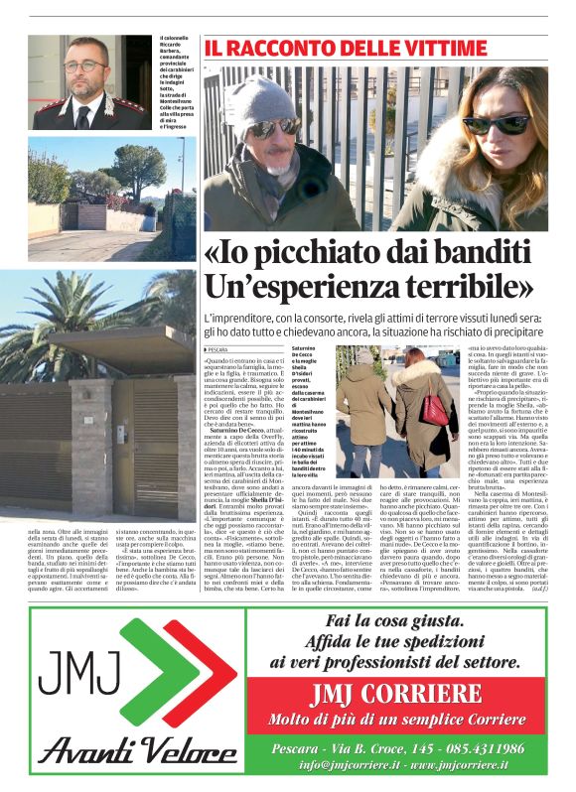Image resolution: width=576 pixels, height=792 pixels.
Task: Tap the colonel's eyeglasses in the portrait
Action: tap(86, 67)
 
